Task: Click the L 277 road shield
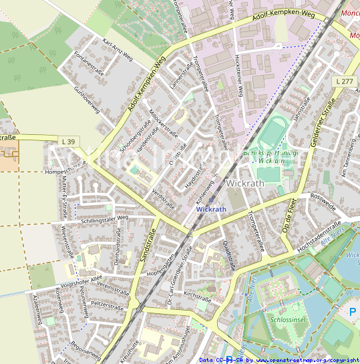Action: click(344, 81)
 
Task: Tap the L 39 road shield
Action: click(67, 141)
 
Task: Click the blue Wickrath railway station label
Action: click(211, 209)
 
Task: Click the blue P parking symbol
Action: click(353, 311)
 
